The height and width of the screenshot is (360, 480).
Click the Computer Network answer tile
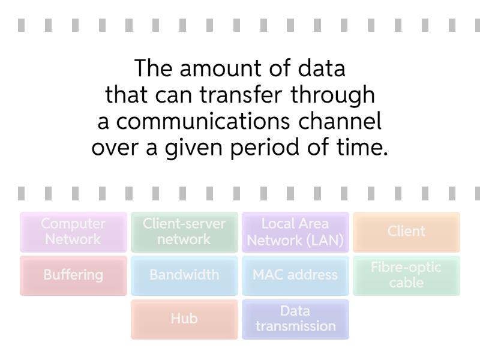[x=73, y=232]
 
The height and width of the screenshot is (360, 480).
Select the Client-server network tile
[x=184, y=232]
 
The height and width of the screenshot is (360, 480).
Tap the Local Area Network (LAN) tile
[x=295, y=232]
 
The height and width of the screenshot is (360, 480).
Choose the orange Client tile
[x=406, y=232]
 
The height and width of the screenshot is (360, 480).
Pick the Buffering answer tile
[x=73, y=275]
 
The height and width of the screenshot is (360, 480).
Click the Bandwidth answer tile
[x=184, y=275]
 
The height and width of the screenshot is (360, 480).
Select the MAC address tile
[x=295, y=275]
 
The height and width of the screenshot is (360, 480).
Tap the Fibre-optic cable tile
[x=406, y=275]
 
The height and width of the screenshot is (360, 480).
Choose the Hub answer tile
[x=184, y=319]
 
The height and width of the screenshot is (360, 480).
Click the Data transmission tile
[x=295, y=319]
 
